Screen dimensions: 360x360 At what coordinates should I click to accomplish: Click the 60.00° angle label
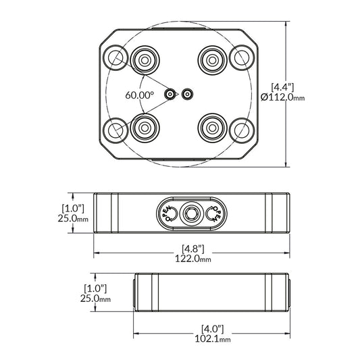click(x=139, y=95)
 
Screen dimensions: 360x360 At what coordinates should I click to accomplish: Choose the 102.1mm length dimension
click(x=212, y=340)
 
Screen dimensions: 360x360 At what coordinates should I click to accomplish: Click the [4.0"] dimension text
click(x=212, y=328)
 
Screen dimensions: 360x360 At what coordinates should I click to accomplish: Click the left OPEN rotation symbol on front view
click(x=168, y=213)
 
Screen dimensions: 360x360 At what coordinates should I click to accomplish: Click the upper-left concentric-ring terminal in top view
click(x=145, y=60)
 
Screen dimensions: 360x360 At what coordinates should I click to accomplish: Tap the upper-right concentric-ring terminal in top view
click(x=213, y=60)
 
